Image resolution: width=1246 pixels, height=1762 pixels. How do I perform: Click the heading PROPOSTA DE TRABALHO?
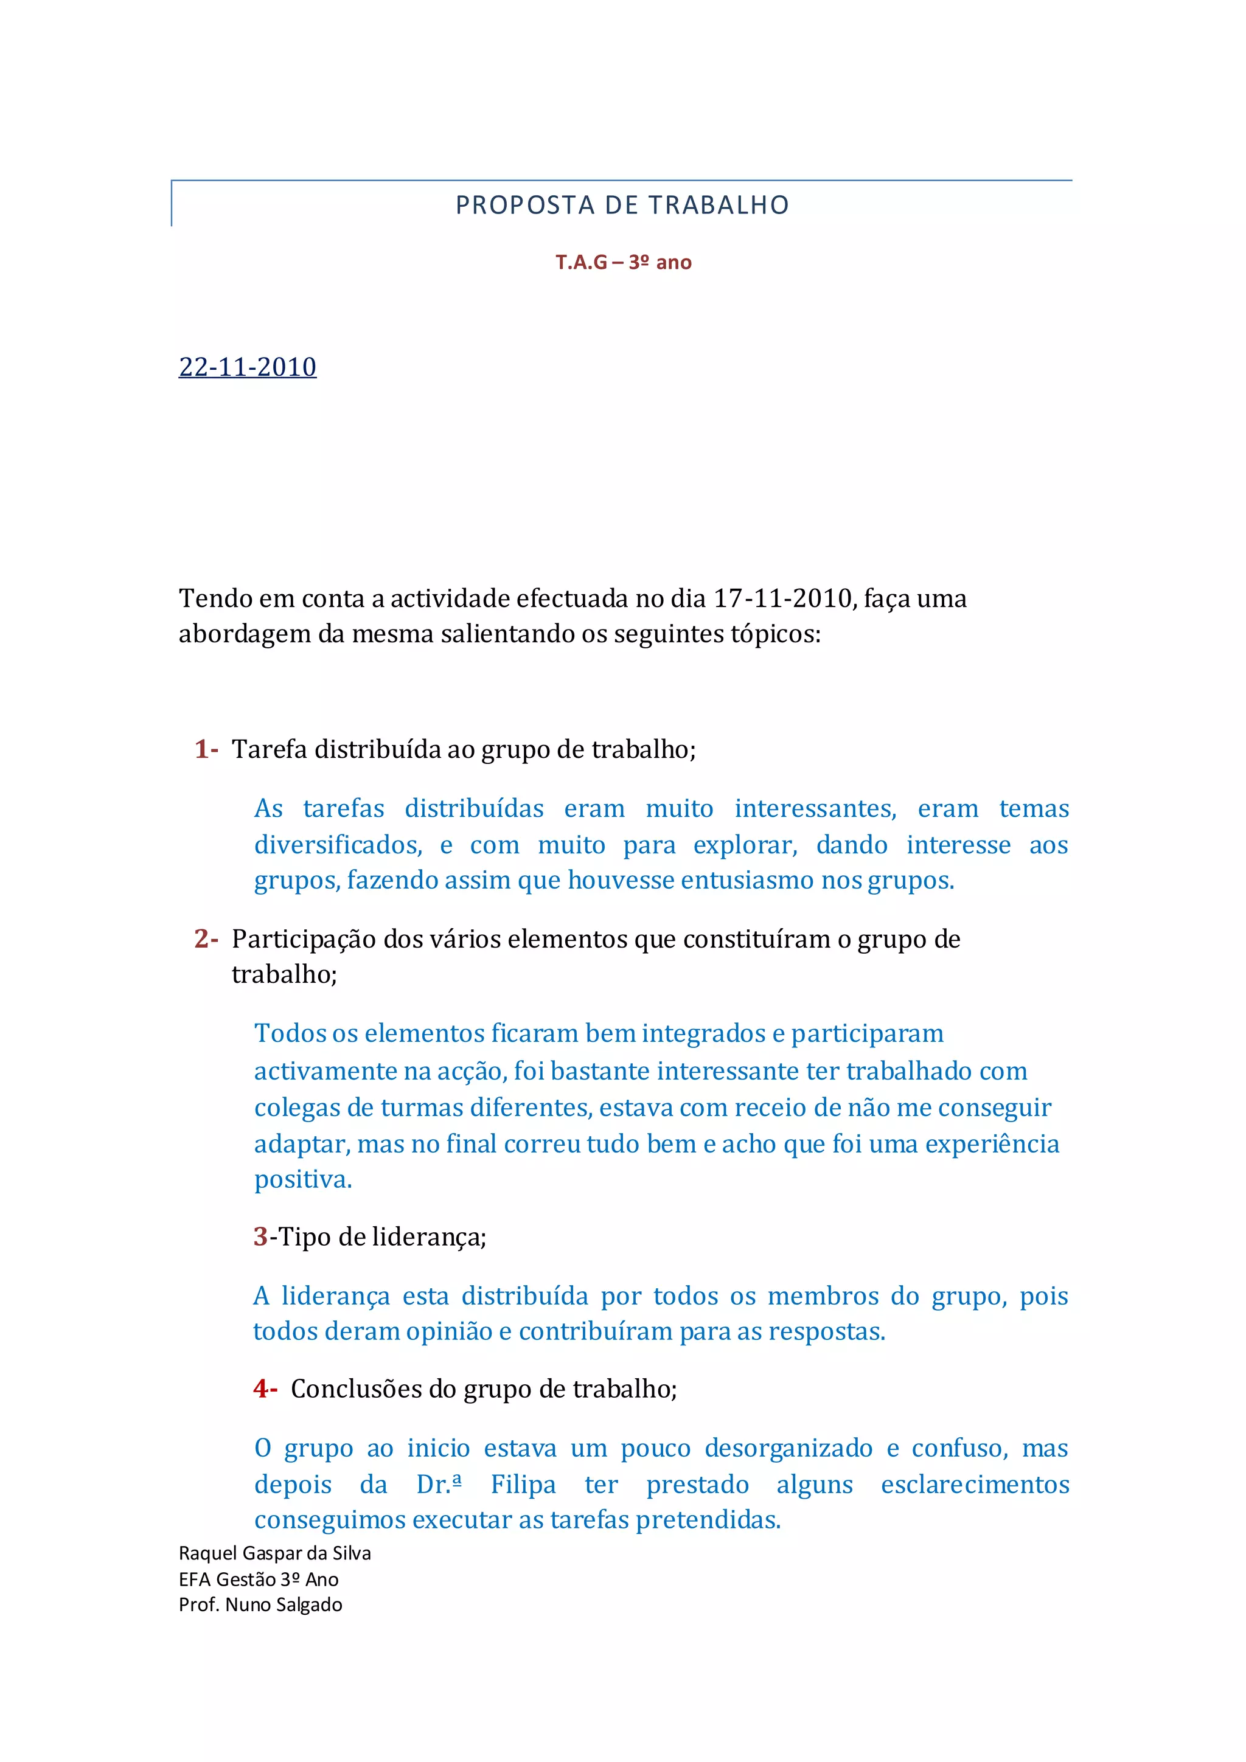pos(622,206)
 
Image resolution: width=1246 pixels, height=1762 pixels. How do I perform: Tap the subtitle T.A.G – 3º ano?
pos(624,263)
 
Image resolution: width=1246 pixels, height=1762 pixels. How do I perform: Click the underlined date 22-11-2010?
pos(247,367)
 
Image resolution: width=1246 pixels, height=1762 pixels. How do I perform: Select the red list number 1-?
pos(206,748)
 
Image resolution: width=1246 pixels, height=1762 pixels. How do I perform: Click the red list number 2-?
pos(206,938)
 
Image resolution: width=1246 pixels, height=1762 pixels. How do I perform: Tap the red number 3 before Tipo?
pos(260,1237)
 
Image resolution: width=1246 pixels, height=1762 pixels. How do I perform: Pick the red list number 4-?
pos(265,1389)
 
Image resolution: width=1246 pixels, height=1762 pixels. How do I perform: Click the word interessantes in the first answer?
pos(815,808)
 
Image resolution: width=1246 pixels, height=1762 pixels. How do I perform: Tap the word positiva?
pos(302,1179)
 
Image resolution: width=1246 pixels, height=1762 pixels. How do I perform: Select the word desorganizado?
pos(788,1448)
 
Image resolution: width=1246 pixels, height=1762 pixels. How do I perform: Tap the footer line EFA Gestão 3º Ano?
pos(259,1580)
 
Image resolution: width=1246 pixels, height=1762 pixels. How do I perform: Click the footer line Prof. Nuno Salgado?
pos(260,1604)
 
